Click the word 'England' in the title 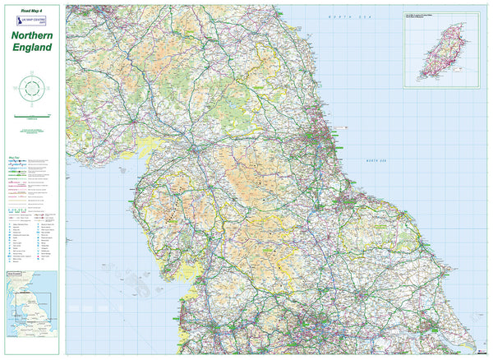point(33,48)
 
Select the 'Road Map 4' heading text point(33,8)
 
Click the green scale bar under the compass point(32,119)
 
